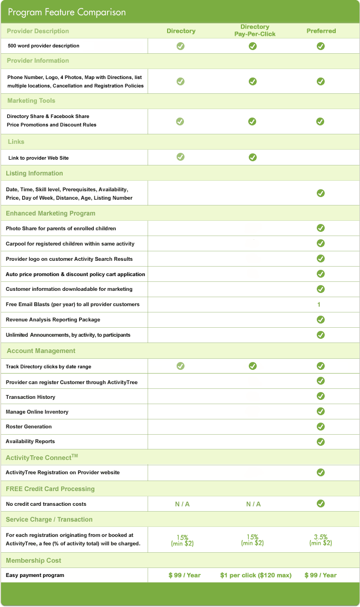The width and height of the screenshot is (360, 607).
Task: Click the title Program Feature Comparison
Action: tap(66, 12)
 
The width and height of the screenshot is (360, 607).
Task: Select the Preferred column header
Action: tap(321, 31)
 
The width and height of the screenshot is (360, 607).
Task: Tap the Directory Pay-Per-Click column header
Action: tap(255, 31)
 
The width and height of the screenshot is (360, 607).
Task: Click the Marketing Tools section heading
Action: tap(31, 101)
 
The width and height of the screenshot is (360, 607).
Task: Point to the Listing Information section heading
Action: tap(34, 173)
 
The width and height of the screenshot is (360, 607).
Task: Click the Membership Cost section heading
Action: tap(33, 561)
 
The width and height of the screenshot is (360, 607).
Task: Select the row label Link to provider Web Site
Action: tap(38, 158)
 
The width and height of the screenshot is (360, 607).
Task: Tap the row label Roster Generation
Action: tap(28, 426)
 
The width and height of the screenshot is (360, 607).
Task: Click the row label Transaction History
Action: tap(30, 397)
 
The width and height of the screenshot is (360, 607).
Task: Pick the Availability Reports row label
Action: tap(30, 441)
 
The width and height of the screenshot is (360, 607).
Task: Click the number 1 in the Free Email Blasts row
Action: tap(319, 305)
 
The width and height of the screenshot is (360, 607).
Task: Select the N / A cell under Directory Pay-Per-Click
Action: tap(253, 504)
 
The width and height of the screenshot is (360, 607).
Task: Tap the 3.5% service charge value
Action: tap(320, 537)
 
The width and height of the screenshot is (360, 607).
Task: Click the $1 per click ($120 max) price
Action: tap(256, 575)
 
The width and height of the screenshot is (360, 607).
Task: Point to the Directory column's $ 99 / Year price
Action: tap(184, 575)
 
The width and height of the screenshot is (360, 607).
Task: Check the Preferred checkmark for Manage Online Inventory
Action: tap(320, 411)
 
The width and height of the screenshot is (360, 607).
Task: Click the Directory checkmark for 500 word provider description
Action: tap(180, 46)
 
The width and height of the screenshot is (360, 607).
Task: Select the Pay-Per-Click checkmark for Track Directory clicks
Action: tap(252, 366)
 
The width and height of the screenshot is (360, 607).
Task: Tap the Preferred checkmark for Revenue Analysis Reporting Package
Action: tap(320, 319)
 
